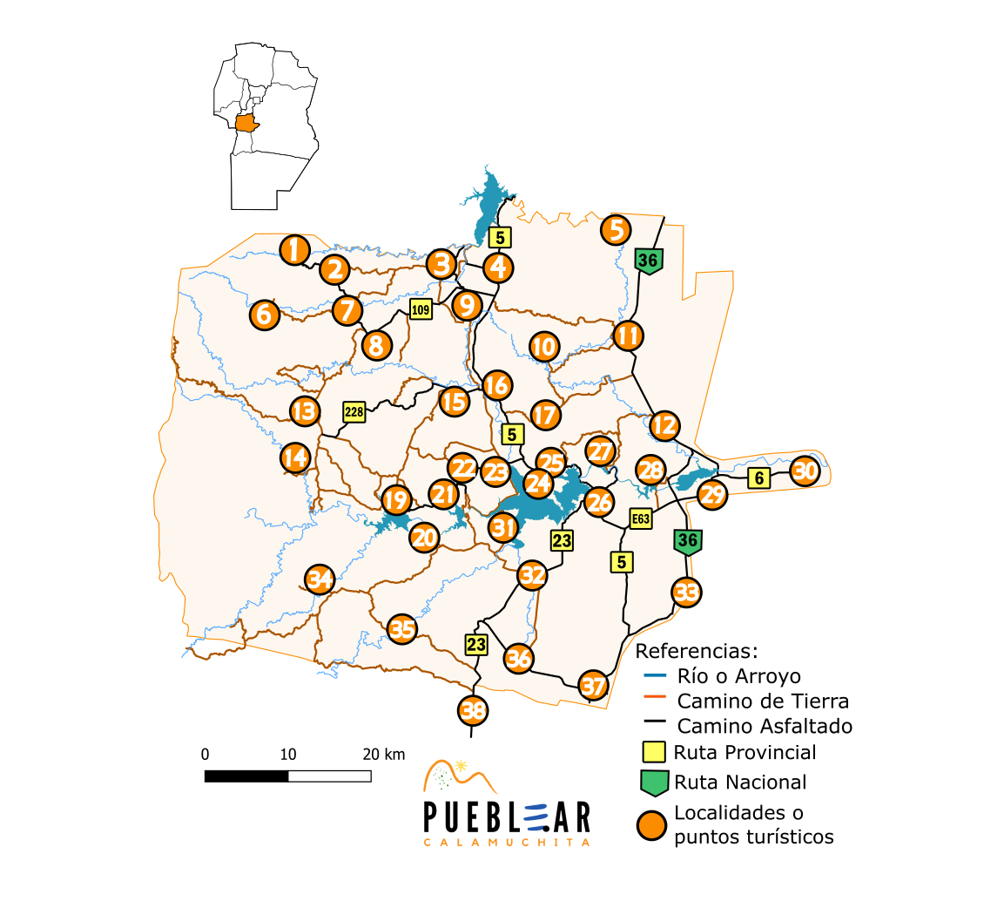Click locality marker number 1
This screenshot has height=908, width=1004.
coord(295,250)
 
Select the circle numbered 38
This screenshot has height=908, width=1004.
coord(473,711)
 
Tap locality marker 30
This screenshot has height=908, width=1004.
coord(805,471)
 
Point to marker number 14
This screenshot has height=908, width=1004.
coord(295,457)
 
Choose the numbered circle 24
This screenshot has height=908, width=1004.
coord(538,483)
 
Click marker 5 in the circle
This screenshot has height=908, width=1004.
coord(617,230)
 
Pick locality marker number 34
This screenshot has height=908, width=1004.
coord(320,579)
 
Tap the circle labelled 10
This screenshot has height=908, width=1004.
coord(543,346)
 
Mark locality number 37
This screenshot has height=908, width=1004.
coord(593,686)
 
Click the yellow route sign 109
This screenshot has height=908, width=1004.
coord(421,309)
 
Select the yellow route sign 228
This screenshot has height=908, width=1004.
coord(354,412)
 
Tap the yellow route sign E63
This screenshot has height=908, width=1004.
coord(641,519)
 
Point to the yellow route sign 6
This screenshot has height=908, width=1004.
coord(759,478)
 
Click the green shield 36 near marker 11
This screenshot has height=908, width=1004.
coord(648,261)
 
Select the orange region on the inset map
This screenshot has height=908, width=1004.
coord(246,123)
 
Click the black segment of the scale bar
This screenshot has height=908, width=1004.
coord(246,776)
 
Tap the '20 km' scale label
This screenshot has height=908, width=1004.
coord(384,755)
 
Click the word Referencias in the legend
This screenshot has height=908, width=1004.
coord(697,651)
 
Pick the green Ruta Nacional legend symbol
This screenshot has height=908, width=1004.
coord(654,783)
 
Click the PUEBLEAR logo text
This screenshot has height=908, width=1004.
coord(507,817)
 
